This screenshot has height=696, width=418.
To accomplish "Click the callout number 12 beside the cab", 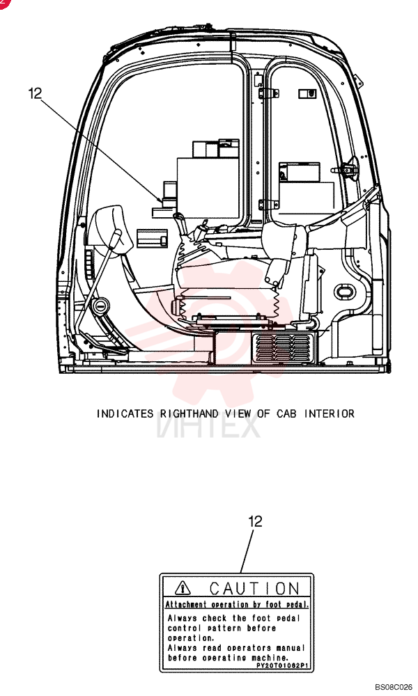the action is (x=35, y=94).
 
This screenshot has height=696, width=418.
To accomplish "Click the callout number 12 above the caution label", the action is (x=255, y=521).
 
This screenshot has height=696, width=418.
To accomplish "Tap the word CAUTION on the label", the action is (x=254, y=589).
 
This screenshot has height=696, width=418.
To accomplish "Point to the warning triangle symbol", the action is (x=183, y=589).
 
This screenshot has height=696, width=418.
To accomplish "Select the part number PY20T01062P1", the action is (x=283, y=666).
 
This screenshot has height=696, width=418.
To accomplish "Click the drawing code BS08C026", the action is (x=393, y=687).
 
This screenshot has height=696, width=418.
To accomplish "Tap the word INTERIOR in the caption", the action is (x=329, y=413).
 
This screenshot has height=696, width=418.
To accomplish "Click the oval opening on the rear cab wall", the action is (x=344, y=292).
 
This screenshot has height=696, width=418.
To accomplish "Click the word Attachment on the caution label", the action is (x=186, y=605).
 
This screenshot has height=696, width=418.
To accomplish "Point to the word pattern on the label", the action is (x=224, y=628).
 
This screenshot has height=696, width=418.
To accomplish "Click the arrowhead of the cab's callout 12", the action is (x=160, y=200).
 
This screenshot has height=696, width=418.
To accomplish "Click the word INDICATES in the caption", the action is (x=125, y=413).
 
